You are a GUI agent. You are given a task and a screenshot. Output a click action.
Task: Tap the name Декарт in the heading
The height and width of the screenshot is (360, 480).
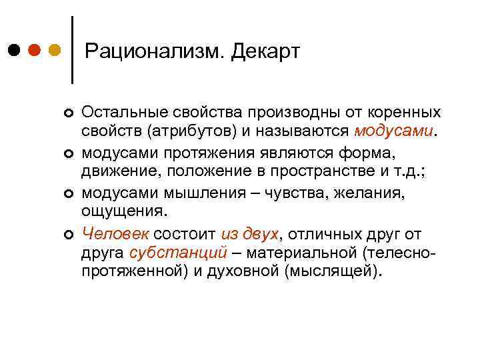pyautogui.click(x=266, y=51)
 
